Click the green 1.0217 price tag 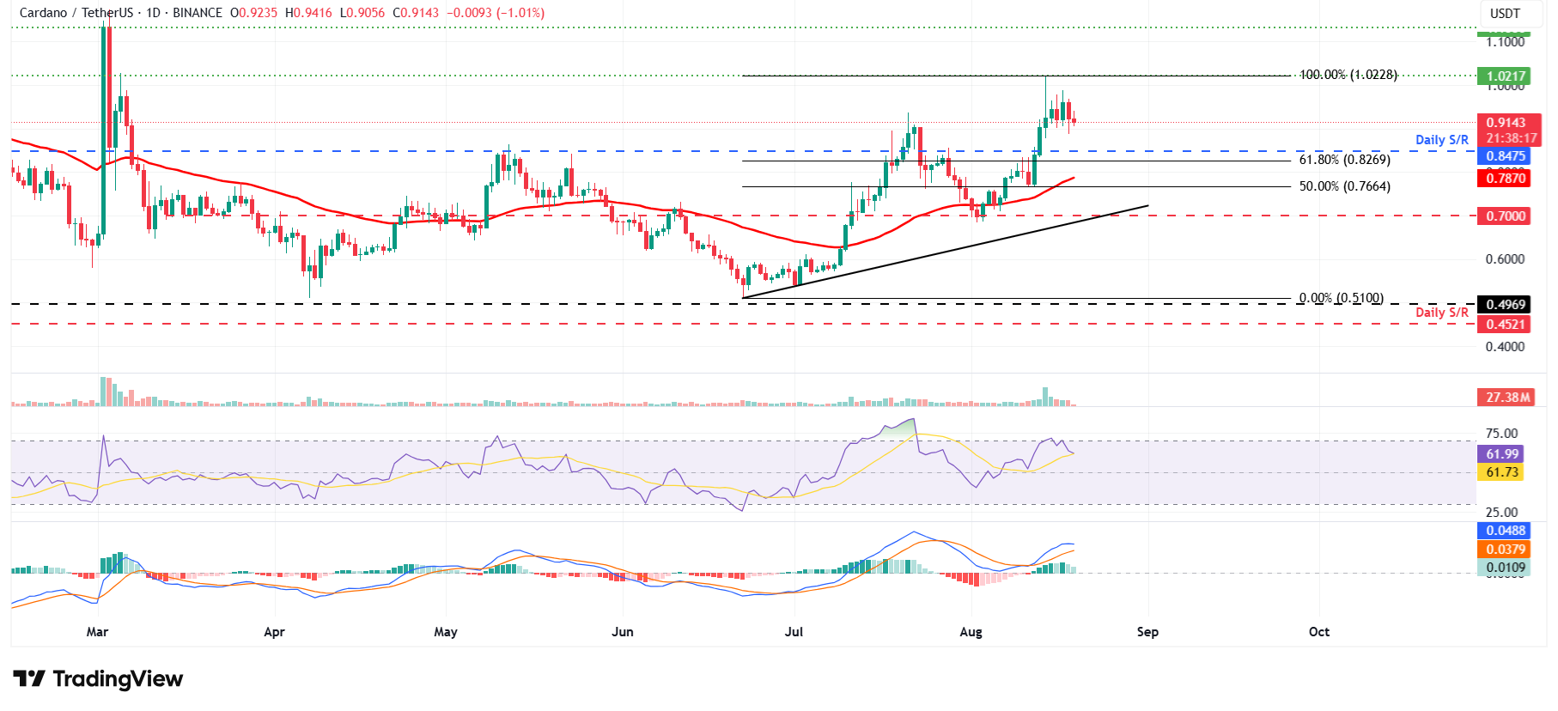(x=1506, y=76)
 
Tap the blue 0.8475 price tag (x=1506, y=156)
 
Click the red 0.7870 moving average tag (x=1506, y=179)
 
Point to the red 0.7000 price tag (x=1506, y=216)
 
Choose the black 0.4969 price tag (x=1506, y=305)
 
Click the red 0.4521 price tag (x=1506, y=325)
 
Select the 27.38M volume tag (x=1507, y=398)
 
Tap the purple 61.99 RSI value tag (x=1502, y=454)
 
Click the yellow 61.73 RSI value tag (x=1502, y=472)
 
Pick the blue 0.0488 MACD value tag (x=1506, y=531)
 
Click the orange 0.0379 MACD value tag (x=1506, y=550)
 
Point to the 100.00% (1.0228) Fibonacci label (x=1348, y=75)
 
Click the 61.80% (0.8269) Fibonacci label (x=1344, y=160)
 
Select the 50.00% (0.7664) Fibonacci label (x=1344, y=186)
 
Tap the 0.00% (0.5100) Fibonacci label (x=1341, y=298)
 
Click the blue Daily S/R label (x=1441, y=140)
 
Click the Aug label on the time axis (x=971, y=632)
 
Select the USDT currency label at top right (x=1505, y=14)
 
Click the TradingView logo (x=98, y=679)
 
